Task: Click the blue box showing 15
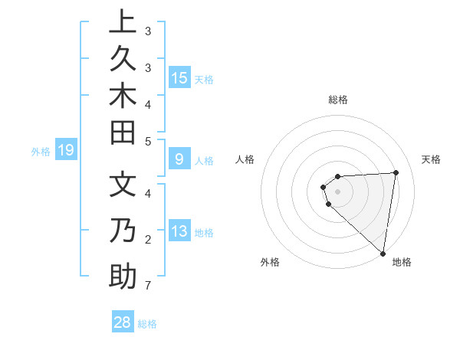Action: coord(179,77)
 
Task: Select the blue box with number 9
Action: coord(179,159)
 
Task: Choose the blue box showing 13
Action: coord(179,231)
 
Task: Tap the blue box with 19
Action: coord(66,151)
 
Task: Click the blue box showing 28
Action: coord(123,322)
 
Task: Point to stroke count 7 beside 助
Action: coord(147,286)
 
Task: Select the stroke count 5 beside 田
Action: coord(147,142)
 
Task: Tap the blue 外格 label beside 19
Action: coord(41,152)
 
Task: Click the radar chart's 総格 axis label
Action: coord(338,100)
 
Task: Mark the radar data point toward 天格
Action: coord(396,172)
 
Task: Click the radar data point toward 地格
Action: coord(383,253)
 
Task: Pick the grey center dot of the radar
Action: coord(337,191)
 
